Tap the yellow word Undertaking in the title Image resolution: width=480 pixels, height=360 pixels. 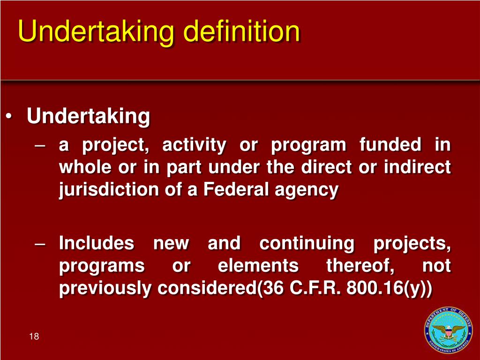96,32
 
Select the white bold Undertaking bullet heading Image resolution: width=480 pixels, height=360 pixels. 89,116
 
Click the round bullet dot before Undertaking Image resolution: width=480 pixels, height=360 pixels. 10,117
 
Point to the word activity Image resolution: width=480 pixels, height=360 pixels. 194,145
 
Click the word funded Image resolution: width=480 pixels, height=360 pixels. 390,145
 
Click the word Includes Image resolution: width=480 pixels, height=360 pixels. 96,244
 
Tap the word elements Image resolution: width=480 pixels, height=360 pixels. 258,266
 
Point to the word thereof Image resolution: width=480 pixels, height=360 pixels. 360,266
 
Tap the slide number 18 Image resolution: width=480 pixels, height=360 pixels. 33,337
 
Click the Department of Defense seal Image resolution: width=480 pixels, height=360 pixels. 448,330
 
